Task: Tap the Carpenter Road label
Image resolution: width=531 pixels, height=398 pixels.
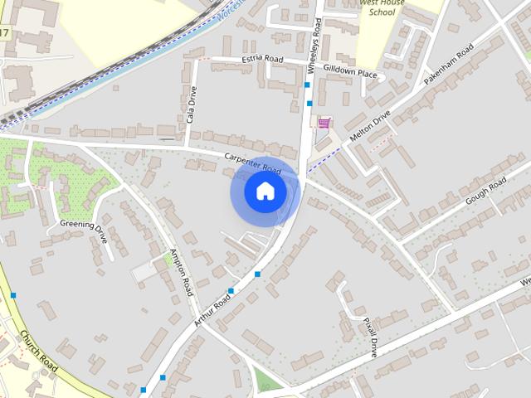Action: [259, 163]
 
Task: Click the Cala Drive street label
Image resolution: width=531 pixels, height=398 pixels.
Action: [190, 106]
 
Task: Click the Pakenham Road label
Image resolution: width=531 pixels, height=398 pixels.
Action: [448, 67]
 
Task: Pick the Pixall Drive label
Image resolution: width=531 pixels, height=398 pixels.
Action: [370, 335]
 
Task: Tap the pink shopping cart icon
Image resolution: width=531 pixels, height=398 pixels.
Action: [324, 123]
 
